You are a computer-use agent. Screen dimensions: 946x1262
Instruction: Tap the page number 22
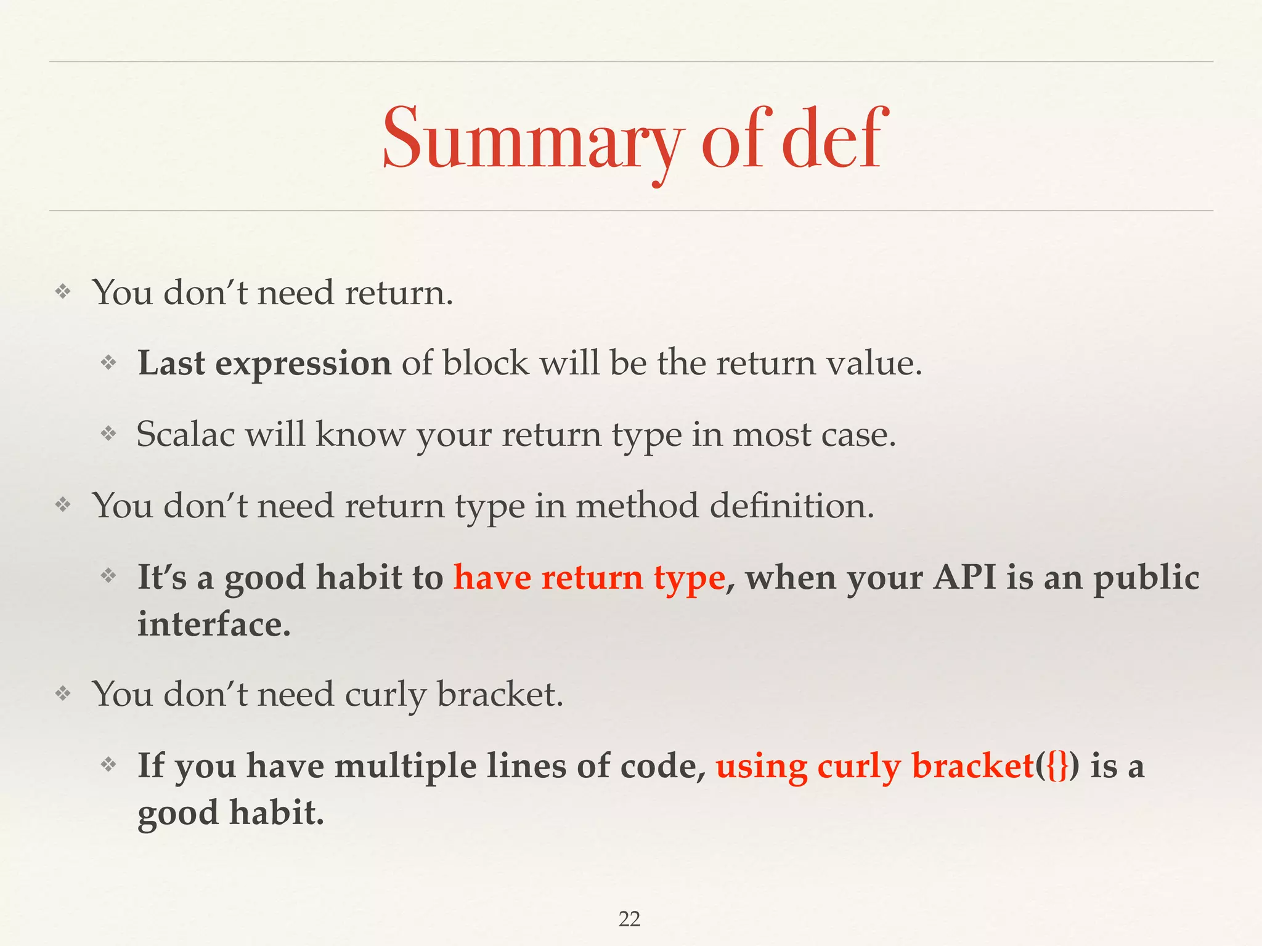pos(629,919)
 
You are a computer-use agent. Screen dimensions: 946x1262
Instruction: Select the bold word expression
pos(303,363)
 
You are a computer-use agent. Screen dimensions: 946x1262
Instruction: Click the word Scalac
pos(185,434)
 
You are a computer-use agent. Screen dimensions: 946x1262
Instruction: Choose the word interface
pos(213,625)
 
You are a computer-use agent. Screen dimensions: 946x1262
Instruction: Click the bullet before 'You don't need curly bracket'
pos(63,694)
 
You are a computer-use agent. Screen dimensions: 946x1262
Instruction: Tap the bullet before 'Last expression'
pos(109,363)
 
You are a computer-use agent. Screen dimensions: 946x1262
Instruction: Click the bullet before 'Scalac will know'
pos(109,434)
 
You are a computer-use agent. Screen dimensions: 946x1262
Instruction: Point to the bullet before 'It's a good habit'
pos(109,576)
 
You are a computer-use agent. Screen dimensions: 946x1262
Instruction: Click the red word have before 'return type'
pos(492,578)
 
